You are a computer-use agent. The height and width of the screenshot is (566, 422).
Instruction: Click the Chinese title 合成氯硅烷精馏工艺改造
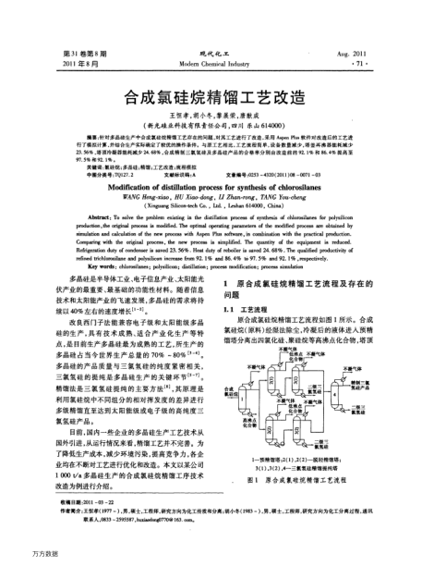click(x=211, y=95)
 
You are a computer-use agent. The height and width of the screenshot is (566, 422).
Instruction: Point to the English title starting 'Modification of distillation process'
click(x=211, y=183)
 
